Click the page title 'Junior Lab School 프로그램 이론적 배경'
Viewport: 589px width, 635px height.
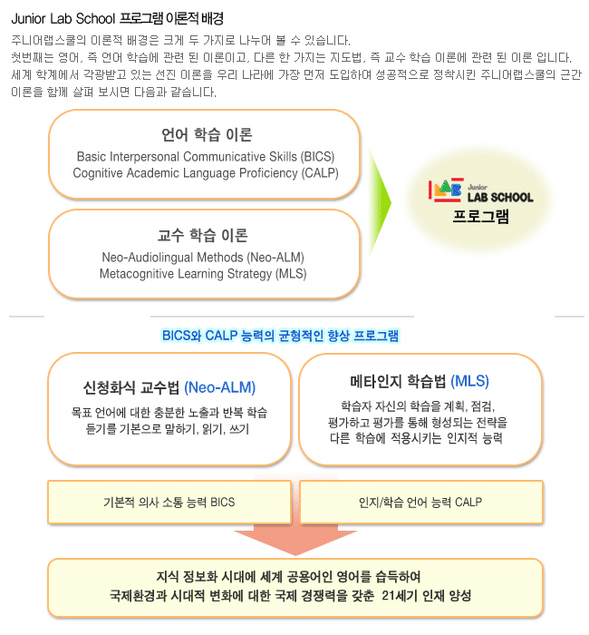pyautogui.click(x=117, y=19)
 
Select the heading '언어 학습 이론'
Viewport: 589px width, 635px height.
pyautogui.click(x=207, y=134)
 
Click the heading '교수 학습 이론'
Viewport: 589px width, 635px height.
pyautogui.click(x=203, y=235)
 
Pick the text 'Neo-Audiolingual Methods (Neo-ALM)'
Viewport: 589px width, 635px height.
pyautogui.click(x=203, y=257)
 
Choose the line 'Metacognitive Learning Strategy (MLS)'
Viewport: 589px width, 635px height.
pyautogui.click(x=203, y=274)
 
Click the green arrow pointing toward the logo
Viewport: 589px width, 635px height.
pyautogui.click(x=380, y=202)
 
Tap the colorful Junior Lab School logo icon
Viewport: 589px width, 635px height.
pyautogui.click(x=446, y=190)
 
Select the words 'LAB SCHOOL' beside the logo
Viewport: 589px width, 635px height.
pyautogui.click(x=500, y=197)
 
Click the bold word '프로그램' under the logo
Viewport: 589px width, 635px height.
pyautogui.click(x=480, y=216)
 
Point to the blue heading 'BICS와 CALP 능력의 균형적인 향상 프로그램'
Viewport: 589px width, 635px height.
pyautogui.click(x=280, y=336)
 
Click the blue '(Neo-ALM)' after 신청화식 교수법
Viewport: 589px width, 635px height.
pyautogui.click(x=219, y=387)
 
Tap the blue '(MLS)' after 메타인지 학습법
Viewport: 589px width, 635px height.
pyautogui.click(x=469, y=381)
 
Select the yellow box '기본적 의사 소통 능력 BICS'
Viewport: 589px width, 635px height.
pyautogui.click(x=169, y=503)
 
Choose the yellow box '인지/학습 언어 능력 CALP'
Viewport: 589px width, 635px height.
pyautogui.click(x=420, y=503)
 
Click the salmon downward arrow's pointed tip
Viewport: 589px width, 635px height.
pyautogui.click(x=295, y=555)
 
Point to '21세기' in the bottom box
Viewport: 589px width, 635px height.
pyautogui.click(x=399, y=596)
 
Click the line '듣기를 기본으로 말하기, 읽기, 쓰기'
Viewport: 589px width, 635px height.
pyautogui.click(x=167, y=429)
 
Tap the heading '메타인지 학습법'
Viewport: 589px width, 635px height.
pyautogui.click(x=398, y=381)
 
